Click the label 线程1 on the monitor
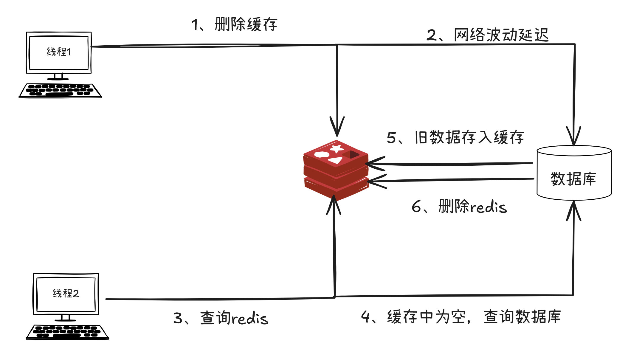coord(59,52)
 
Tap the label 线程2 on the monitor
coord(66,294)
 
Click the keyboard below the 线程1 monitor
coord(60,91)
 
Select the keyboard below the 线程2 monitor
coord(67,332)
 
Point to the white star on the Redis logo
coord(337,148)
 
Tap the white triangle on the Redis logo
coord(336,160)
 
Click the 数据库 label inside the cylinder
coord(573,179)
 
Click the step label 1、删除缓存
coord(234,24)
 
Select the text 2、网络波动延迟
coord(487,35)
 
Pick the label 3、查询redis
coord(221,318)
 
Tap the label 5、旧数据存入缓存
coord(455,138)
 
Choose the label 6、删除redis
coord(459,207)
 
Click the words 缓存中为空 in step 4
coord(426,317)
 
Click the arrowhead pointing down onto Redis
coord(337,128)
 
